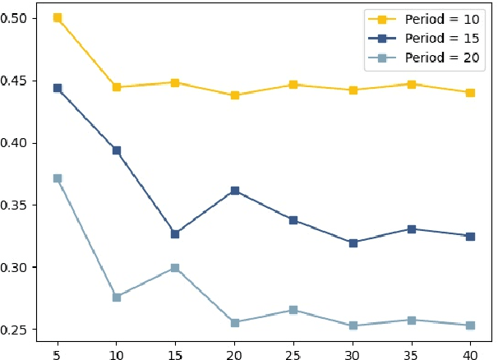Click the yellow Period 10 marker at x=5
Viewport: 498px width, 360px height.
(58, 17)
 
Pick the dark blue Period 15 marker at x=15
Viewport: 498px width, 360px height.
(176, 234)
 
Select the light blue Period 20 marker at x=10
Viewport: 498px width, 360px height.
(117, 297)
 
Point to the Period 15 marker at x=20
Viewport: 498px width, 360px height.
(235, 191)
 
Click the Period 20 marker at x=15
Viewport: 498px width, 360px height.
(176, 268)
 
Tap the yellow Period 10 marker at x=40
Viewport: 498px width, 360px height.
(471, 93)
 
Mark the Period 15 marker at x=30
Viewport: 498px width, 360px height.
(353, 243)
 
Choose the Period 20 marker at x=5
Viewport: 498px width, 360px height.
(58, 178)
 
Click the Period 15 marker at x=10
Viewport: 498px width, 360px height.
(117, 150)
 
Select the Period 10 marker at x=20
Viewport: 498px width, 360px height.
(235, 95)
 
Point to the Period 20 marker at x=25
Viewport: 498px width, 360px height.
(294, 310)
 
